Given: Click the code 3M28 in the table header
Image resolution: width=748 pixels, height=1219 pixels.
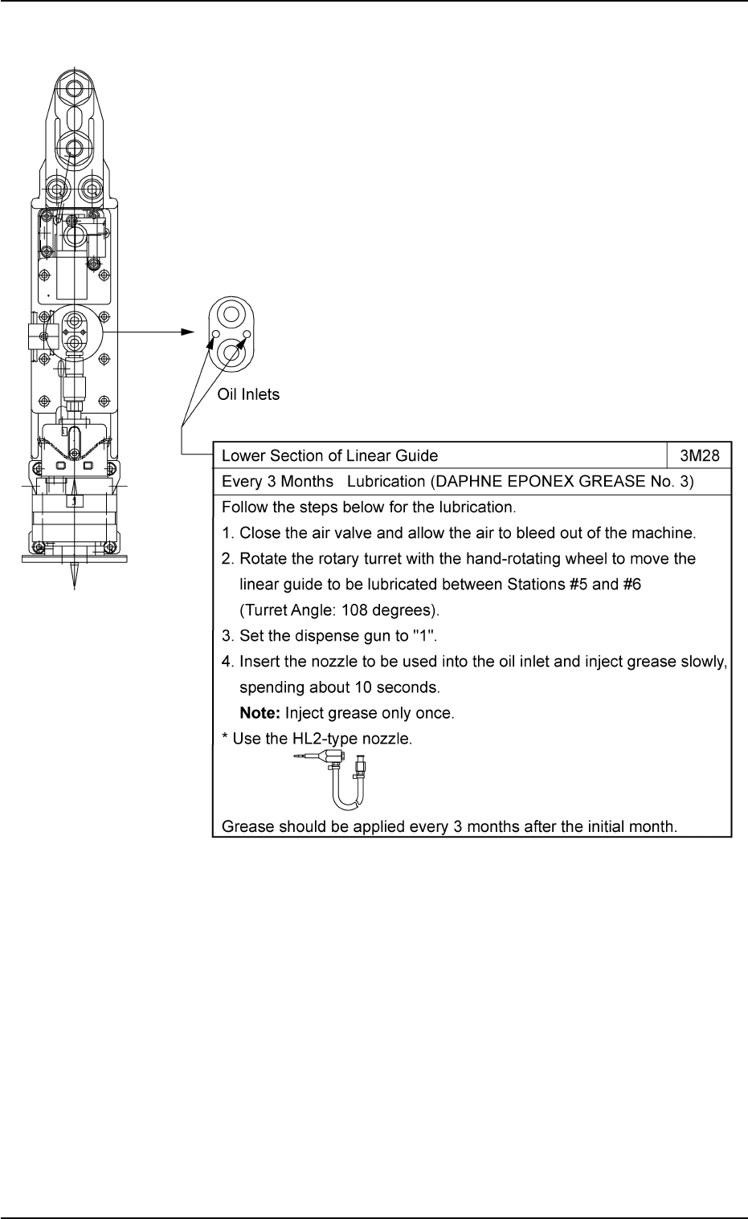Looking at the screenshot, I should click(699, 456).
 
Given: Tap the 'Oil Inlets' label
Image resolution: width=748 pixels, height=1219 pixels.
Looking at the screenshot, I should click(249, 395).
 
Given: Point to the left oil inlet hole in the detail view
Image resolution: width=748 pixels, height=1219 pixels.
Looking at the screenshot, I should click(215, 334).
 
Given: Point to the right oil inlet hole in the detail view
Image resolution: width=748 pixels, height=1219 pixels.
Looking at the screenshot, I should click(247, 334).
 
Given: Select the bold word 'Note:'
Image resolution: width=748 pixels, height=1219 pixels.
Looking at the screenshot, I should click(260, 713).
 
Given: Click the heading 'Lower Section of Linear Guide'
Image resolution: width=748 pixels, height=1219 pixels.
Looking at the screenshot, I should click(329, 456).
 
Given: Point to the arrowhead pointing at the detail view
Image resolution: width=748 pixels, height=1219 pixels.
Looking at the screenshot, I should click(189, 332).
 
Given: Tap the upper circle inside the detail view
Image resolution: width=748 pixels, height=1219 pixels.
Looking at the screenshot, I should click(231, 313).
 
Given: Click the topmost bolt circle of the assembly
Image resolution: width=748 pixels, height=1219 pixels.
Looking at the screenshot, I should click(74, 88).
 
